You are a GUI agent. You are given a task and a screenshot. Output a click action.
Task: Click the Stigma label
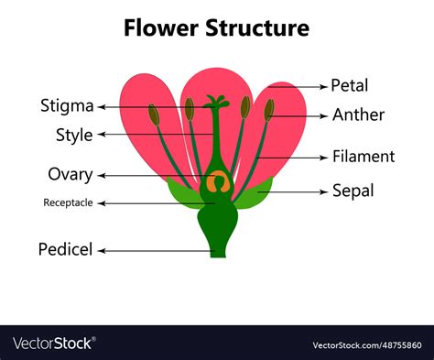pos(67,105)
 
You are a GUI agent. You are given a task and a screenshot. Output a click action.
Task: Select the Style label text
pos(74,136)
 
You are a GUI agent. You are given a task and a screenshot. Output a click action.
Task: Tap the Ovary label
pos(70,174)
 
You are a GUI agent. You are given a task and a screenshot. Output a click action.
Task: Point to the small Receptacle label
pos(68,202)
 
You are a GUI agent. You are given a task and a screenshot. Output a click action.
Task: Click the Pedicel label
pos(65,249)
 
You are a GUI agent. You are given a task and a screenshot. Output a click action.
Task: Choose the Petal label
pos(349,85)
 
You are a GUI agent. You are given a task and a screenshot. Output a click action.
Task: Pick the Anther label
pos(358,115)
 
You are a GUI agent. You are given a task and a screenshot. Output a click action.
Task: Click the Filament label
pos(363,157)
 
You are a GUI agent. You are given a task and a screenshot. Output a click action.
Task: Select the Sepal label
pos(352,191)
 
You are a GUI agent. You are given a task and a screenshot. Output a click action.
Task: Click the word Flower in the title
pos(164,28)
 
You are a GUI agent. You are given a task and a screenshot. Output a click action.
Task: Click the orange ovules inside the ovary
pos(216,181)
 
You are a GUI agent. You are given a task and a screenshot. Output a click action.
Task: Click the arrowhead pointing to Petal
pos(324,86)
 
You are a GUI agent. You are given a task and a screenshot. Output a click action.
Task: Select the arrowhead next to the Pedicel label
pos(102,249)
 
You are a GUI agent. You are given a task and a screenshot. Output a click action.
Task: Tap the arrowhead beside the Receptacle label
pos(102,202)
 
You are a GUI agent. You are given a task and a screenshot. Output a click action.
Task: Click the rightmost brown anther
pos(269,111)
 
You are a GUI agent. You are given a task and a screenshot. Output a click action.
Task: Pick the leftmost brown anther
pos(154,116)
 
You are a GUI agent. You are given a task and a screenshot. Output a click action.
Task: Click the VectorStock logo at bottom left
pos(54,344)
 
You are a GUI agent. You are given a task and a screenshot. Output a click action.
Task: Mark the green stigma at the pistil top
pos(216,101)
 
